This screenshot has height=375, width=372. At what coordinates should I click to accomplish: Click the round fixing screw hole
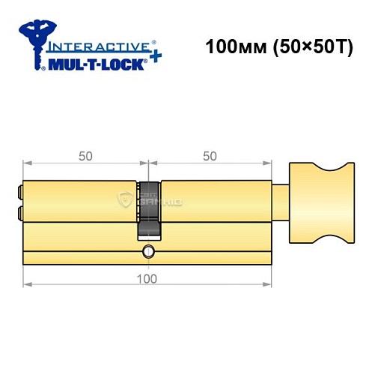149,250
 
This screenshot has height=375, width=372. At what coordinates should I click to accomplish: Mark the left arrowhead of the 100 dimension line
27,286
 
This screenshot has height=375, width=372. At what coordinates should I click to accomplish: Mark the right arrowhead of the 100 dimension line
269,286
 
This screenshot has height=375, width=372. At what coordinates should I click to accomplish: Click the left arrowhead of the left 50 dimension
27,163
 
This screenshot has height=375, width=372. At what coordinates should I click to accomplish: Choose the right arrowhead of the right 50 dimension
269,163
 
